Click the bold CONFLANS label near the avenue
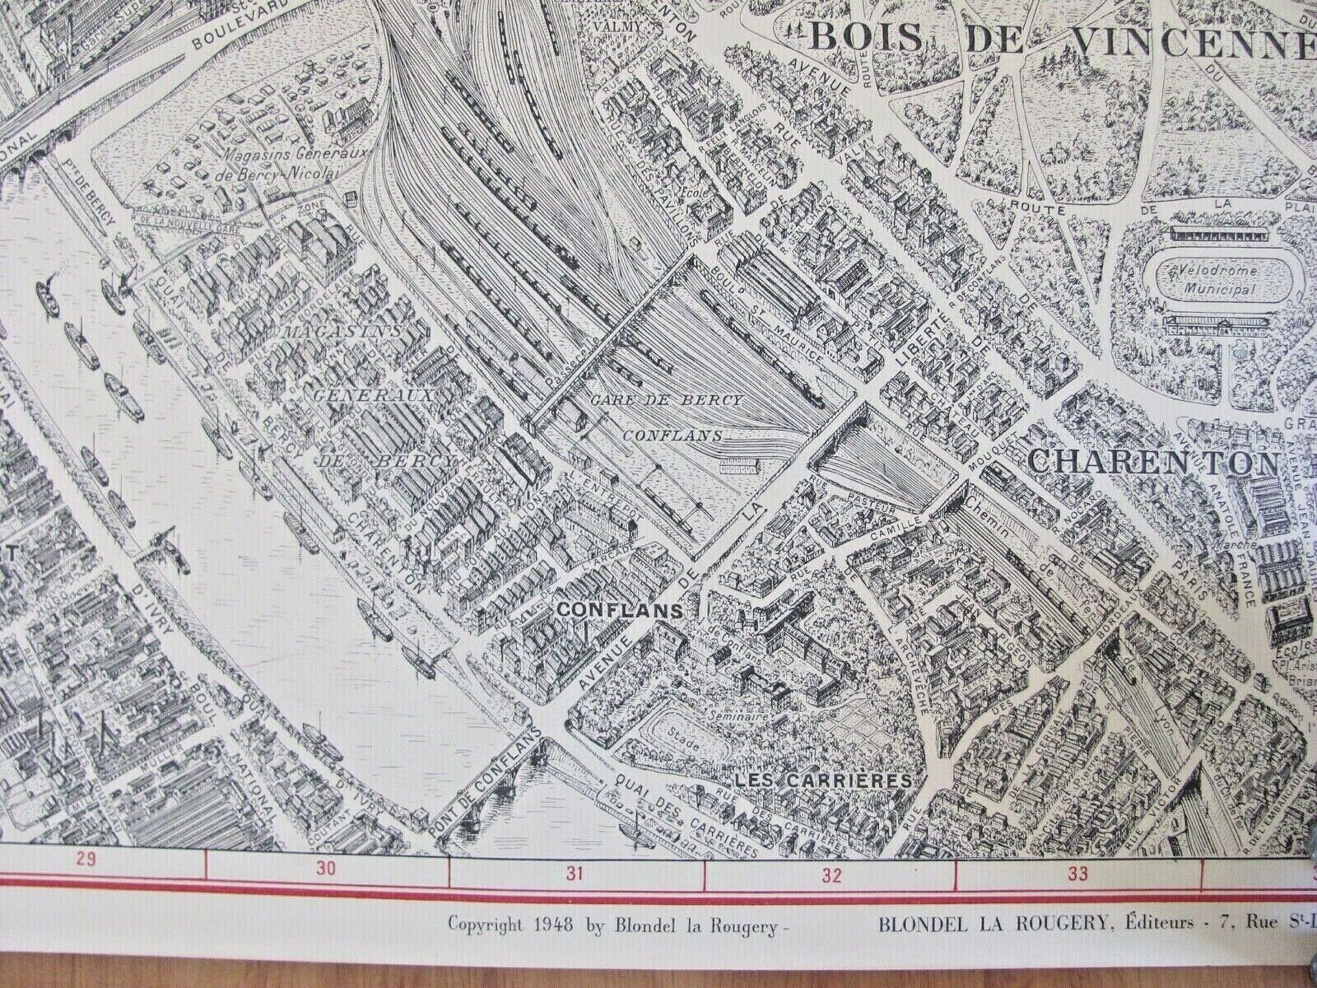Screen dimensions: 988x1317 click(621, 609)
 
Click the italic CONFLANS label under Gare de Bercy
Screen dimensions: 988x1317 click(673, 436)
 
